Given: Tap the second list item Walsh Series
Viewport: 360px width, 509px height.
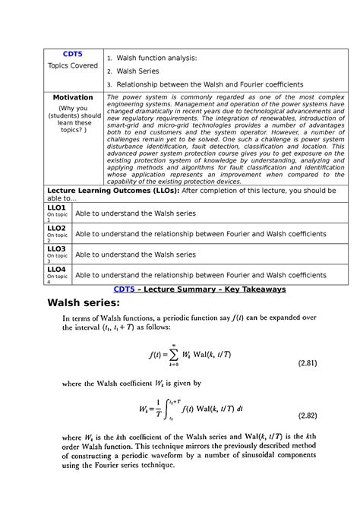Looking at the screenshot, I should click(x=137, y=71).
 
